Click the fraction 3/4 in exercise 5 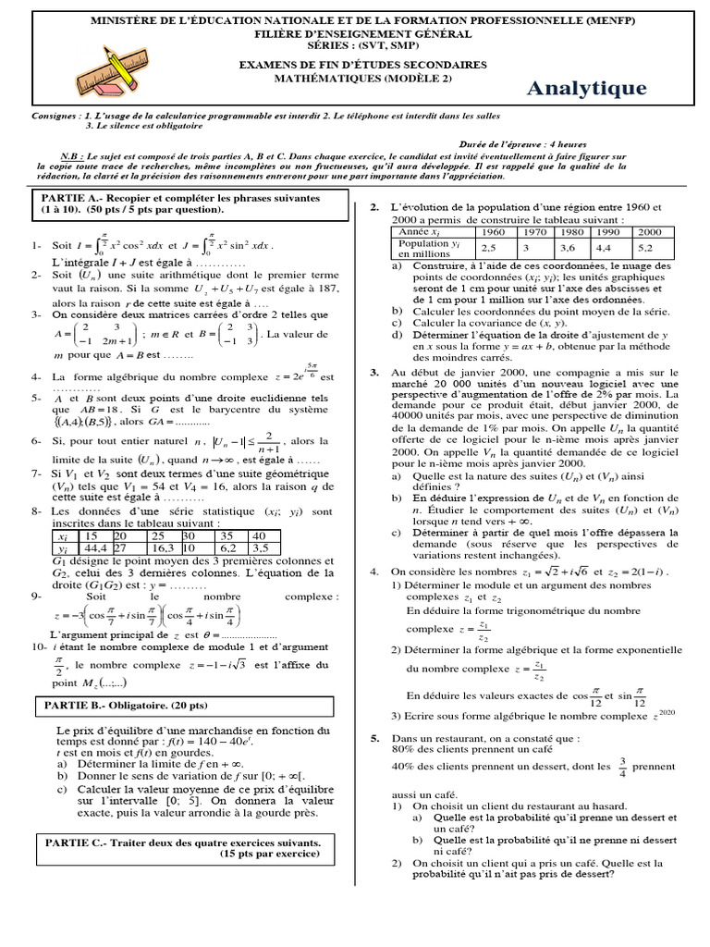pyautogui.click(x=622, y=766)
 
